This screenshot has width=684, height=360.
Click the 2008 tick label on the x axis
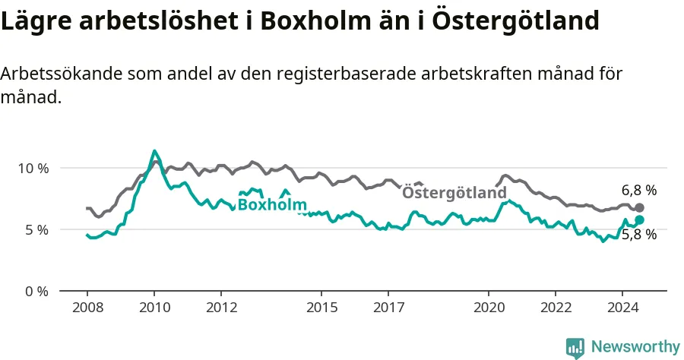tap(87, 308)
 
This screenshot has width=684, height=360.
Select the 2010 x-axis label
tap(155, 308)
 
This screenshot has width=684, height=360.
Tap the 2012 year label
tap(222, 308)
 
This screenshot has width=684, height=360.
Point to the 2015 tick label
tap(322, 308)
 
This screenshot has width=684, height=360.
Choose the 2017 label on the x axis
tap(388, 308)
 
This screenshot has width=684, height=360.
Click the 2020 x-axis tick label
tap(489, 308)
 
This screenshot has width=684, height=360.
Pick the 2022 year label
tap(556, 308)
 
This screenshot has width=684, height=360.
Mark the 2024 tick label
tap(623, 308)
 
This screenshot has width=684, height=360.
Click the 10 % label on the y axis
tap(33, 169)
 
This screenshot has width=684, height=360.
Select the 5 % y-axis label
tap(36, 229)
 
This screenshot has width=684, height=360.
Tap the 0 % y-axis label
tap(36, 291)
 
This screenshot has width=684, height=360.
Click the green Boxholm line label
tap(272, 204)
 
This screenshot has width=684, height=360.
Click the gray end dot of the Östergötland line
tap(639, 207)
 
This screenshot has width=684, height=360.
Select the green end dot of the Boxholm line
tap(639, 219)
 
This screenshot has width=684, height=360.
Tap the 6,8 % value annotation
tap(639, 190)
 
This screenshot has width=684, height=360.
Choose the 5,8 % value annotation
tap(639, 235)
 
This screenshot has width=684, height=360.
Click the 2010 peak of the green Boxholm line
tap(154, 151)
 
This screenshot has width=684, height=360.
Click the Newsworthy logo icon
tap(575, 348)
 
